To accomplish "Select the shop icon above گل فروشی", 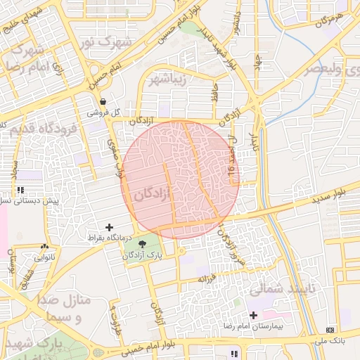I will tap(103, 101).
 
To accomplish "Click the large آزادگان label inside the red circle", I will tap(153, 194).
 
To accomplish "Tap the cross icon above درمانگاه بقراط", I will tap(109, 227).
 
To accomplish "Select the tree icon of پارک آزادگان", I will tap(143, 245).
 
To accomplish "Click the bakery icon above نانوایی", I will tap(45, 247).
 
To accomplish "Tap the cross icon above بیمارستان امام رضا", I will tap(253, 315).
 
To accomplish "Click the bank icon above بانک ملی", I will tap(330, 330).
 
